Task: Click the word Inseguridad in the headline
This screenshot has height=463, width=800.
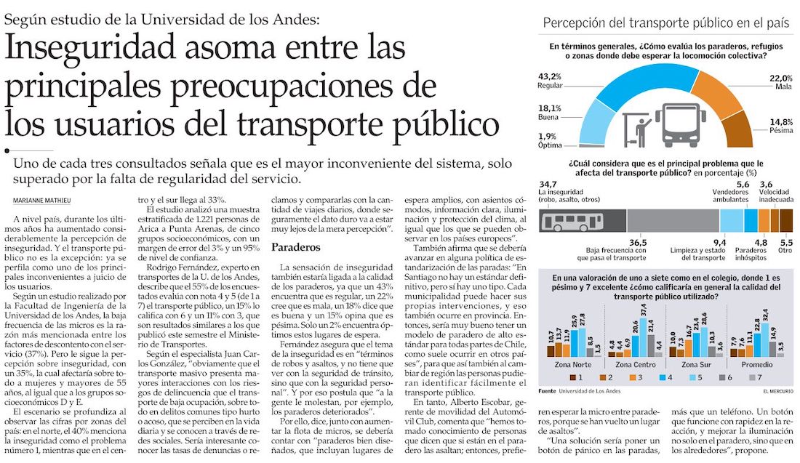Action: (91, 47)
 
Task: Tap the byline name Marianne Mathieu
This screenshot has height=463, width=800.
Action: (42, 201)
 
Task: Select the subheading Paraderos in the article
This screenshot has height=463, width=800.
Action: (296, 247)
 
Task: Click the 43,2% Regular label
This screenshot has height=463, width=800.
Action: (550, 81)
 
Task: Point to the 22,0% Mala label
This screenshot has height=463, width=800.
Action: (780, 82)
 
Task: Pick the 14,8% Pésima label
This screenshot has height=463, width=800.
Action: (781, 126)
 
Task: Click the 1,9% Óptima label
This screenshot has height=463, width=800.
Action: (550, 141)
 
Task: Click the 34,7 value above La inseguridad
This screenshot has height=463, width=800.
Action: (548, 184)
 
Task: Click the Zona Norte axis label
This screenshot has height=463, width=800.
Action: (573, 365)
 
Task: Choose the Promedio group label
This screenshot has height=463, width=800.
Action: (757, 365)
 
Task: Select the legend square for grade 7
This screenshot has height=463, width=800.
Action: (751, 378)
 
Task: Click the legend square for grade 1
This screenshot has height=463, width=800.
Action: (573, 378)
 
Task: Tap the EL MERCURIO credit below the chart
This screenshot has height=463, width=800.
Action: (778, 392)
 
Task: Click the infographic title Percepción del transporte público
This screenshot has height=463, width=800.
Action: (665, 23)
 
